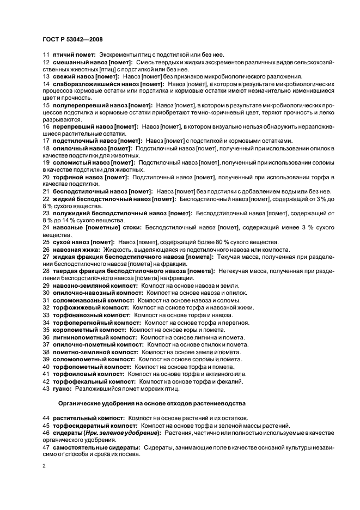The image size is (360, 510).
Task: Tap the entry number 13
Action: point(46,77)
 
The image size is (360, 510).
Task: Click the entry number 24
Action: point(46,227)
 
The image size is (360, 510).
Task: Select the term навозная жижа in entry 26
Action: point(73,249)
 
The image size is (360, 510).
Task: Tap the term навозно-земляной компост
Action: point(94,286)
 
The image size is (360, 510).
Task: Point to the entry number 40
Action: point(46,367)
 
